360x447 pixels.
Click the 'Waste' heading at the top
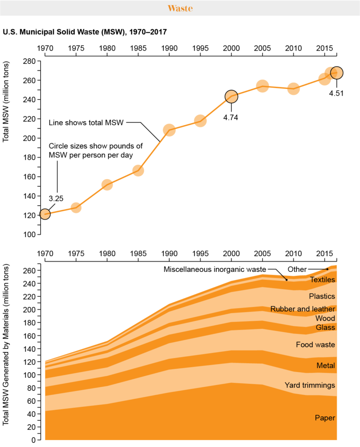[180, 8]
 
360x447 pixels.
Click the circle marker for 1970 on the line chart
[45, 214]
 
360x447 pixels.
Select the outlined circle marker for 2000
[231, 96]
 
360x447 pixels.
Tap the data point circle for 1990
[169, 130]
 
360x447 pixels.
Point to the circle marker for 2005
[262, 86]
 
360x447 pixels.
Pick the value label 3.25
[56, 198]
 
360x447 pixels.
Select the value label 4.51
[336, 93]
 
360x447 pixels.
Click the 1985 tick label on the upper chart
[138, 47]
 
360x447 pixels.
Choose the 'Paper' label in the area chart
[325, 418]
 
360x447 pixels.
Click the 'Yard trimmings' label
[310, 385]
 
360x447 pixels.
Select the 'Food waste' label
[315, 344]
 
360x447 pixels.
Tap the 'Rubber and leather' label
[303, 309]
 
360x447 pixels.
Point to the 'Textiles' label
[322, 280]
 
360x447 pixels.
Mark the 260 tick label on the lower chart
[28, 271]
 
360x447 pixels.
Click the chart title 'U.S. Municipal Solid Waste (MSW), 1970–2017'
[85, 32]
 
